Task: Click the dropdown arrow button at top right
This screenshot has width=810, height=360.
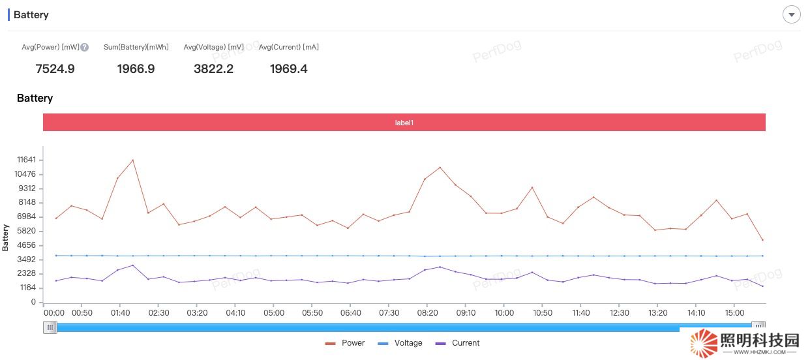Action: point(791,14)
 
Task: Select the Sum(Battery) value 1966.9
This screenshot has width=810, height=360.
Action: point(136,68)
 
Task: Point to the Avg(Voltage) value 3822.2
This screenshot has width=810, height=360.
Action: point(213,68)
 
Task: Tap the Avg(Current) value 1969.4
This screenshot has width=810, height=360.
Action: point(288,68)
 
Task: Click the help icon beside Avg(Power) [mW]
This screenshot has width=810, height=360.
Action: point(85,47)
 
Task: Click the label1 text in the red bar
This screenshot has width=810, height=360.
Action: point(404,123)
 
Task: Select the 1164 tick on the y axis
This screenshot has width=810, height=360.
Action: point(28,288)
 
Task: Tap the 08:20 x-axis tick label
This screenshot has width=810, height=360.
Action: point(427,313)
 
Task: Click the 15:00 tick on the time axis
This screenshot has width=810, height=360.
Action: point(734,313)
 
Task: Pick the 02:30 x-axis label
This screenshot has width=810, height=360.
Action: point(158,313)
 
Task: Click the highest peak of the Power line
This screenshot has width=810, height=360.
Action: point(133,160)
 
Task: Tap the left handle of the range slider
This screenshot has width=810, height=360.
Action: point(50,327)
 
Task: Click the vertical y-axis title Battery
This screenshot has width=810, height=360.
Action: point(6,237)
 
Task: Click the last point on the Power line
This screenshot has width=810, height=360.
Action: point(762,240)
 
